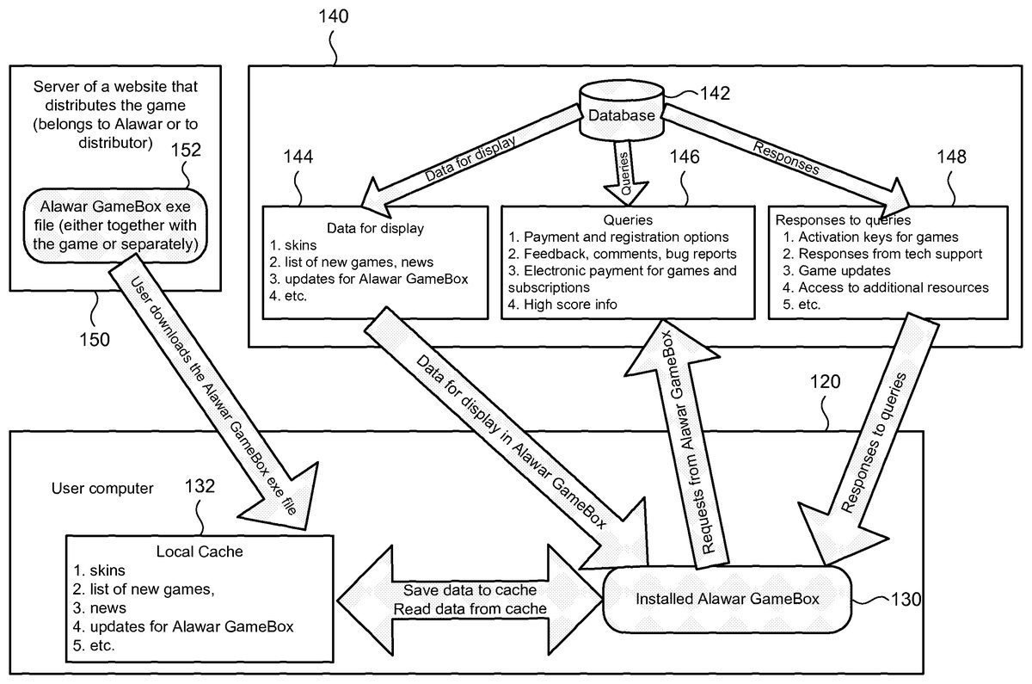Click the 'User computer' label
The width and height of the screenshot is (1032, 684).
pyautogui.click(x=102, y=489)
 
